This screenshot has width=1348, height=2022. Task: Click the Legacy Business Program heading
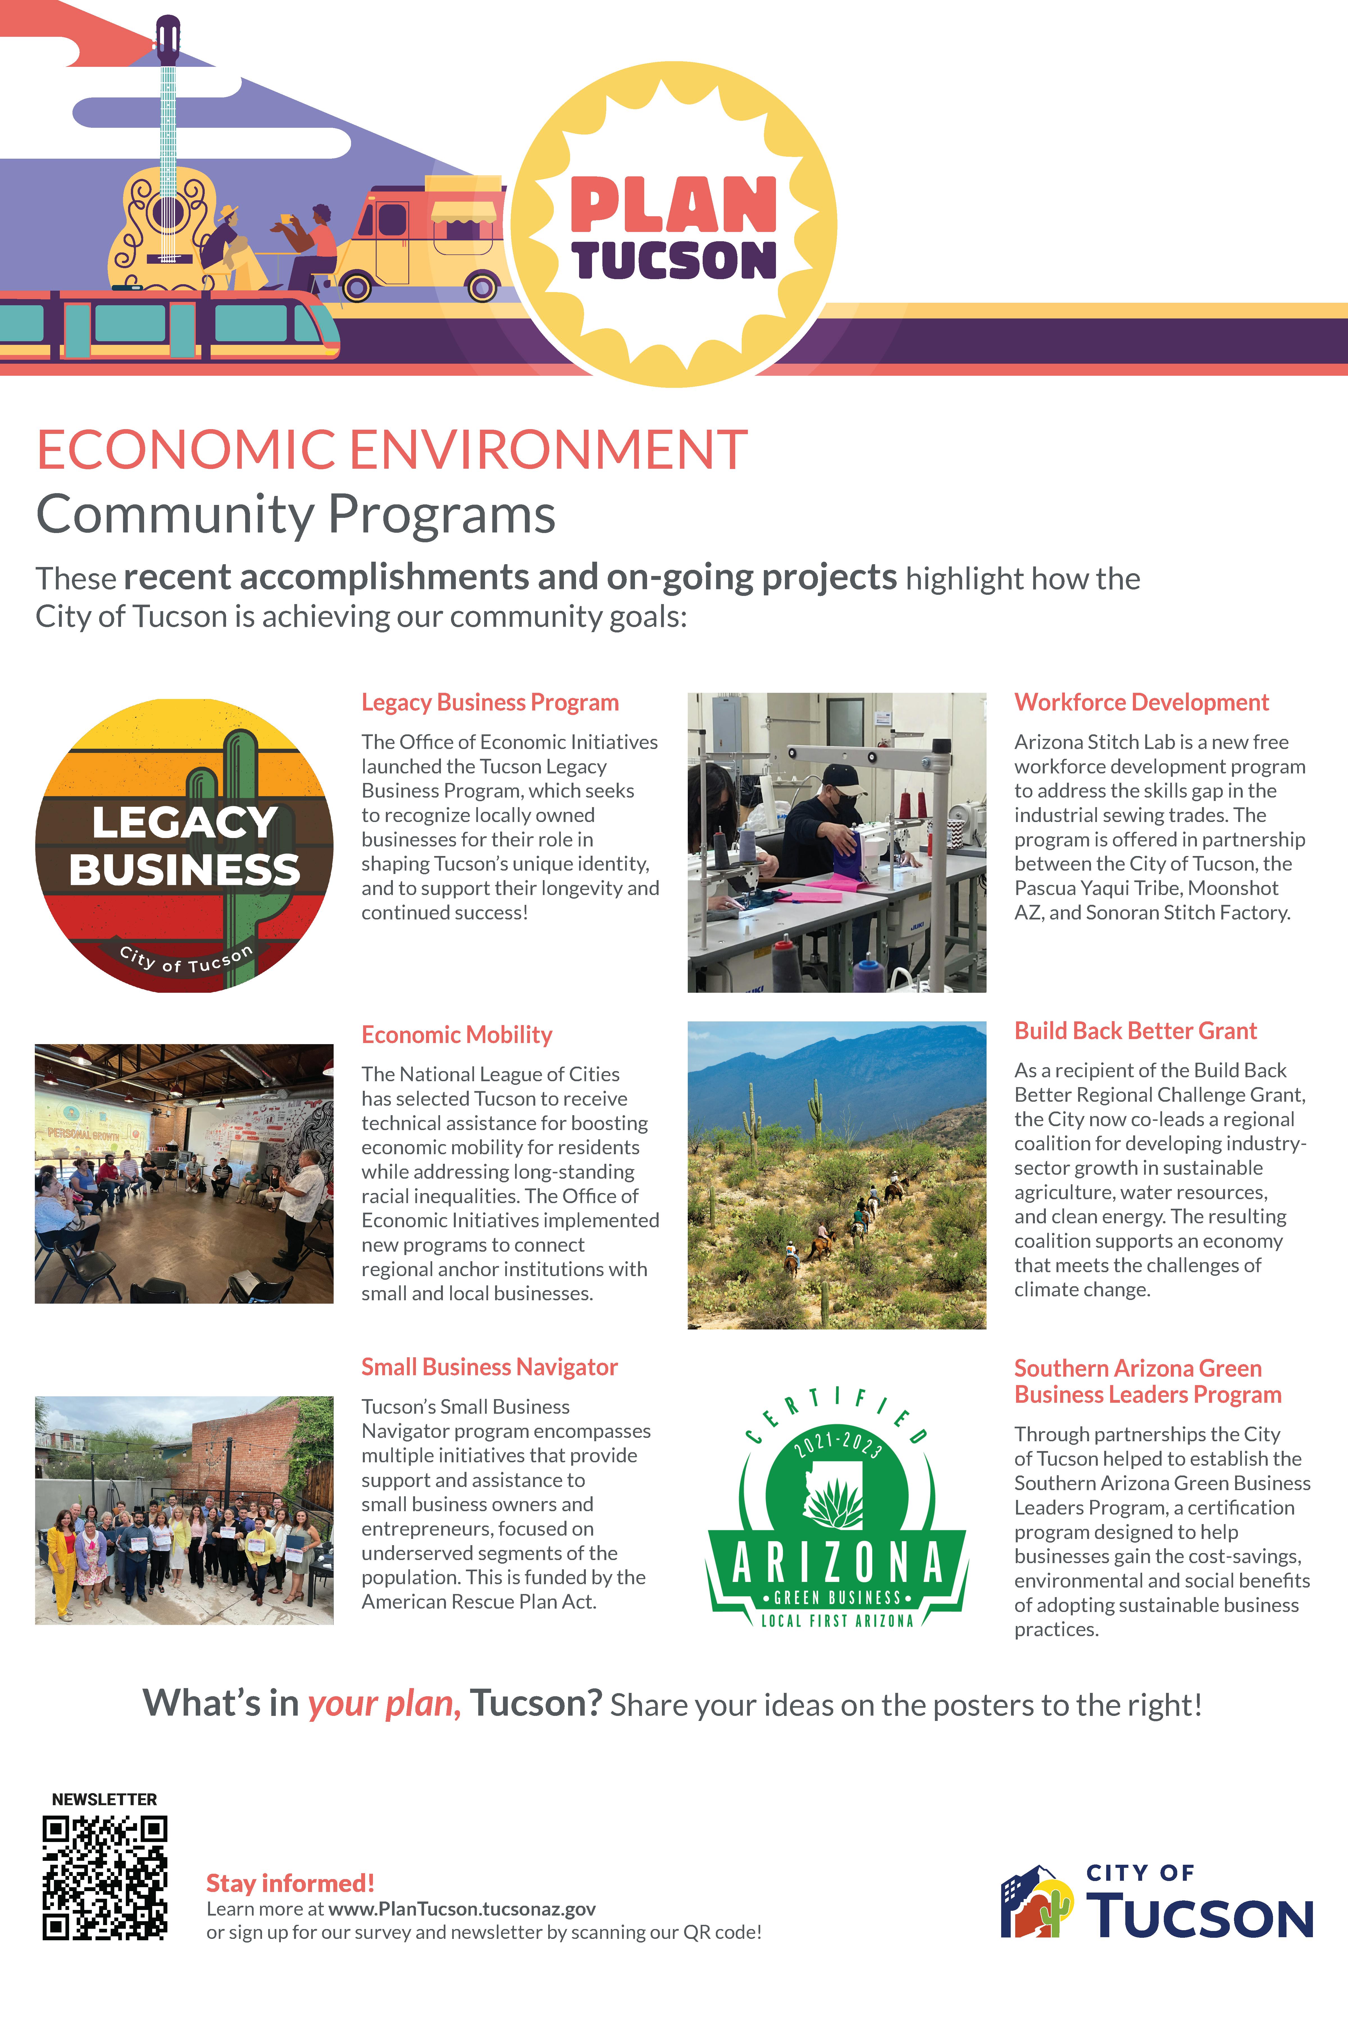pyautogui.click(x=489, y=702)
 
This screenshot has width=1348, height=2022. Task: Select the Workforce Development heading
pyautogui.click(x=1141, y=702)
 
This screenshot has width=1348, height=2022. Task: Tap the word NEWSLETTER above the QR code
pyautogui.click(x=104, y=1799)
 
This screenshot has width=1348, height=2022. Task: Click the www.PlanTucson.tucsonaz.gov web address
pyautogui.click(x=462, y=1909)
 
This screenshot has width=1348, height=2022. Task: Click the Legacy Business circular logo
pyautogui.click(x=184, y=845)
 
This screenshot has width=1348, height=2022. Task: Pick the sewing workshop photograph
pyautogui.click(x=837, y=842)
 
